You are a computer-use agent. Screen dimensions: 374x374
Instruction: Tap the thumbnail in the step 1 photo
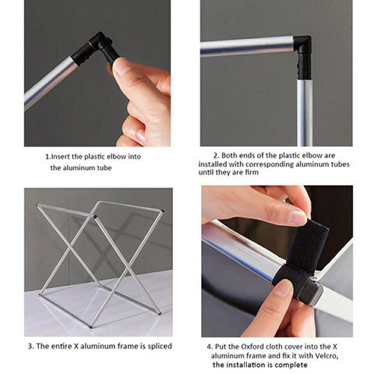click(121, 67)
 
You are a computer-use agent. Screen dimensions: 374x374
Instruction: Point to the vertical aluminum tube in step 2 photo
click(305, 112)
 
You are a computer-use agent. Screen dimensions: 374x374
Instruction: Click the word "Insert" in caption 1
click(62, 157)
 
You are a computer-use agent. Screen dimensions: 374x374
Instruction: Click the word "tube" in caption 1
click(104, 168)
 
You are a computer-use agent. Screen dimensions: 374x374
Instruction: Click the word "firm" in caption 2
click(252, 172)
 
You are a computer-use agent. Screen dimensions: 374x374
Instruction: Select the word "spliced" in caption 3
click(160, 346)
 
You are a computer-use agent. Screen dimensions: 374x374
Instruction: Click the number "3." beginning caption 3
click(31, 346)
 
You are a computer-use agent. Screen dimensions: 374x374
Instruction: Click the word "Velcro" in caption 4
click(326, 355)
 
